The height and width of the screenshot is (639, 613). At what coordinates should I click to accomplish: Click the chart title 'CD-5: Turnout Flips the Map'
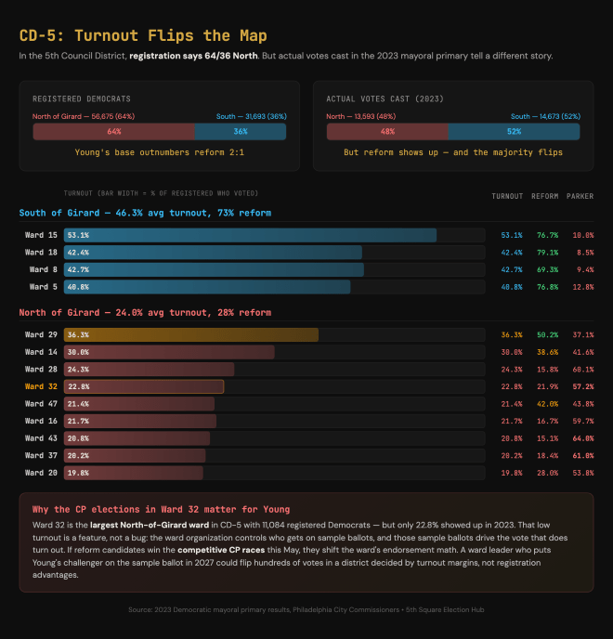[143, 36]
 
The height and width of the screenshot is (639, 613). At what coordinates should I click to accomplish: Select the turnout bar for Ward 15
[251, 235]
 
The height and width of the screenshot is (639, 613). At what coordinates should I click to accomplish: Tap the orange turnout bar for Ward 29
[191, 334]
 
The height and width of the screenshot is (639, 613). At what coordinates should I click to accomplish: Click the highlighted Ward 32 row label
[41, 386]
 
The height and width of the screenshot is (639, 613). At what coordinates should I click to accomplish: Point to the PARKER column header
[580, 197]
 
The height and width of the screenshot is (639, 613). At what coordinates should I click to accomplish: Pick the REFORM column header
[544, 197]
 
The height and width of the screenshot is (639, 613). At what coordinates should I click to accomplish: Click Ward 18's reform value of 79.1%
[546, 252]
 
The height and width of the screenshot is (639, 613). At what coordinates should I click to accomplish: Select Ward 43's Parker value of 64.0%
[581, 438]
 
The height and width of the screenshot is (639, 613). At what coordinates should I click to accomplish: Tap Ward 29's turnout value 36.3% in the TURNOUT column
[511, 334]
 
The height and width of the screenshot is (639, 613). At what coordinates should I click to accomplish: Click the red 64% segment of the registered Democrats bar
[113, 132]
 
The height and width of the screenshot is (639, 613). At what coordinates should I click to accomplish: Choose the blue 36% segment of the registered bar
[240, 132]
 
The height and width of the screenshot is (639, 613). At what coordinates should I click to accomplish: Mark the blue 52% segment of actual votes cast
[514, 132]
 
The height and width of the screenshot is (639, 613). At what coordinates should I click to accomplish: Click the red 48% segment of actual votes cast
[387, 132]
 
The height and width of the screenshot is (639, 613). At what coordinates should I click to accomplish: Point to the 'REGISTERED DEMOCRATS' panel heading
[82, 98]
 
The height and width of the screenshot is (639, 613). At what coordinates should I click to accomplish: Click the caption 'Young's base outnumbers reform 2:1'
[159, 151]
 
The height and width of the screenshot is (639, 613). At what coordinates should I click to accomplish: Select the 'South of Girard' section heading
[145, 214]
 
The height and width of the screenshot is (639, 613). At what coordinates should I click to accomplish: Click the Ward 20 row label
[41, 473]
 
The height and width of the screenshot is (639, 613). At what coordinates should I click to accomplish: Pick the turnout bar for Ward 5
[207, 287]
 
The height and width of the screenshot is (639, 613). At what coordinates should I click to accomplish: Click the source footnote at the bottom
[306, 610]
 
